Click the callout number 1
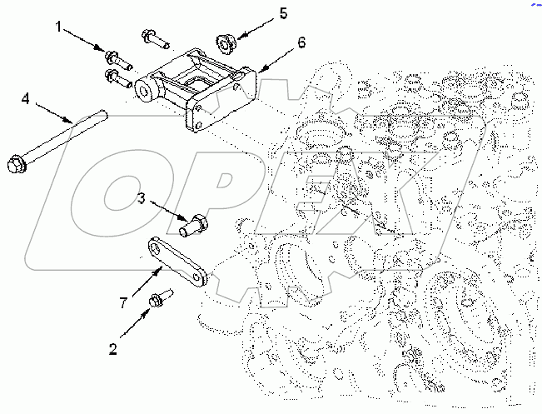pyautogui.click(x=59, y=27)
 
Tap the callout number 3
pyautogui.click(x=142, y=197)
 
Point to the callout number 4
pyautogui.click(x=26, y=100)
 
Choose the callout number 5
pyautogui.click(x=261, y=12)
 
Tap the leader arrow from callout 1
pyautogui.click(x=87, y=42)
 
